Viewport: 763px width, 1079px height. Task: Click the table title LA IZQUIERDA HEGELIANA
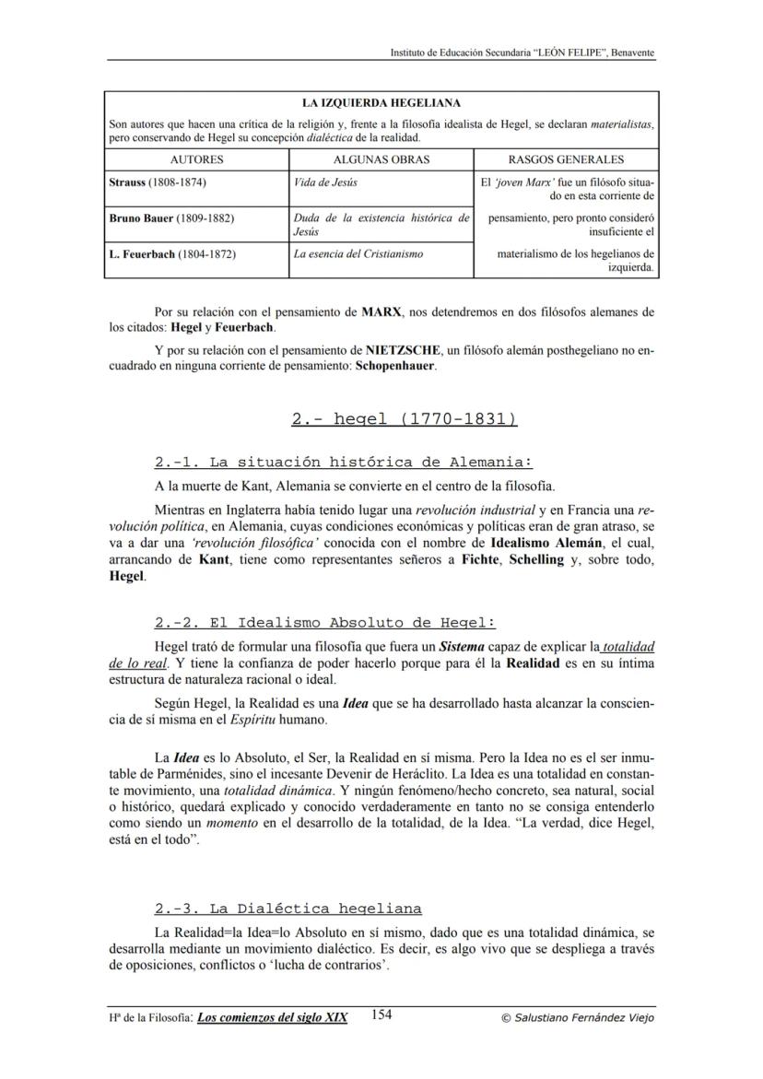(x=381, y=103)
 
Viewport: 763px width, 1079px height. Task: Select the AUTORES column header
(x=197, y=159)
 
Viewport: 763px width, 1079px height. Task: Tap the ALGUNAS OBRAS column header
(x=381, y=159)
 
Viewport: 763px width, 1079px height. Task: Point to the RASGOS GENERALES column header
(x=566, y=159)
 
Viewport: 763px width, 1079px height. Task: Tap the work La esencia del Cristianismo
(x=358, y=253)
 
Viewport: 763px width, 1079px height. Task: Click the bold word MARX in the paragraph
(x=381, y=312)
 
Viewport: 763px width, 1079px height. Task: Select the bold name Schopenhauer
(x=395, y=365)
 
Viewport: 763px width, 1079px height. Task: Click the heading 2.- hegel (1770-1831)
(x=404, y=419)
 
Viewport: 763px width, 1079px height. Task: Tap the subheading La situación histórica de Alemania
(x=344, y=463)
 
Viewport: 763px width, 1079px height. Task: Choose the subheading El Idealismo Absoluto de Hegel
(x=325, y=622)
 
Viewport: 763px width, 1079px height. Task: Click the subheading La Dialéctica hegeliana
(x=288, y=908)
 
